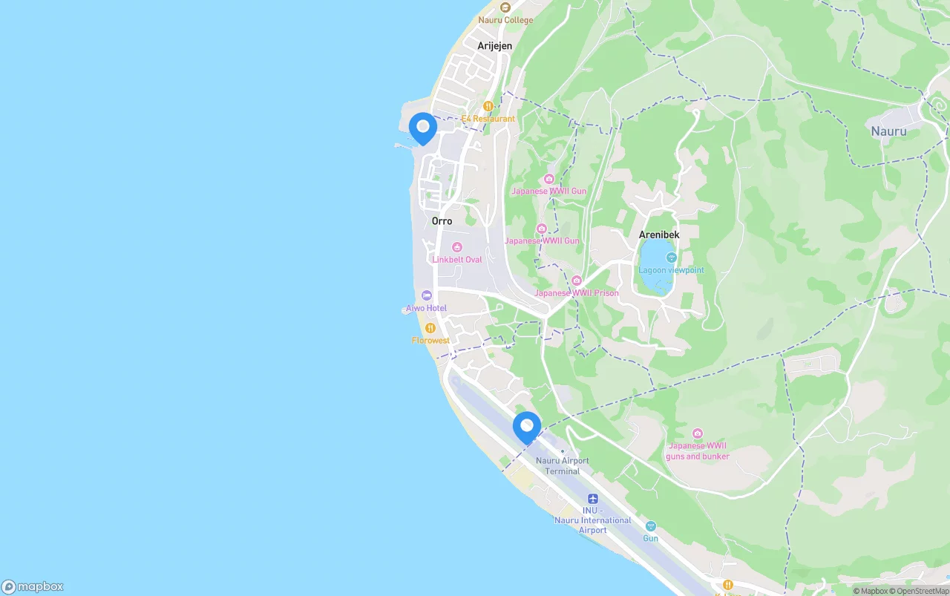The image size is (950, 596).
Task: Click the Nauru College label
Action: [505, 20]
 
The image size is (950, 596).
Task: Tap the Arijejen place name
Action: [494, 46]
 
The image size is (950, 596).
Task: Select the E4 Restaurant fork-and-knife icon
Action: [488, 106]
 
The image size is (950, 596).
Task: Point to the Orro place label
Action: [442, 221]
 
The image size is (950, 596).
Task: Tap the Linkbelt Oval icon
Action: [457, 247]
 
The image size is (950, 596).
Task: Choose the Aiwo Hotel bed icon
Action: [426, 295]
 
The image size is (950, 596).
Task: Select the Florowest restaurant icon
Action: [430, 328]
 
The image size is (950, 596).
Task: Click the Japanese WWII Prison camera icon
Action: [577, 281]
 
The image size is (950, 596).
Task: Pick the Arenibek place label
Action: [659, 235]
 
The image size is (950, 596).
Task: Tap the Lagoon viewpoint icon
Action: [672, 258]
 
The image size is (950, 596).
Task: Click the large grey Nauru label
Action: [889, 131]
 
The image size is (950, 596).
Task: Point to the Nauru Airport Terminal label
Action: [563, 465]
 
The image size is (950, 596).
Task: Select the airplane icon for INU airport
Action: [592, 499]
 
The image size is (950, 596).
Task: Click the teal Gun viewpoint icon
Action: [651, 526]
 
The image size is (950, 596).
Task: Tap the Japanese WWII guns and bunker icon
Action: [698, 433]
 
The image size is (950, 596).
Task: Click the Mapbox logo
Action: [33, 587]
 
